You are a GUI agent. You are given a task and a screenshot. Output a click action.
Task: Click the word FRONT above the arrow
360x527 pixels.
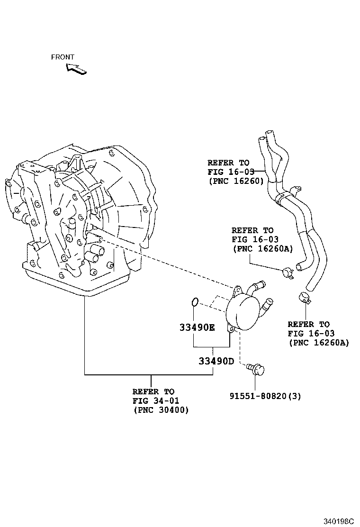(x=63, y=57)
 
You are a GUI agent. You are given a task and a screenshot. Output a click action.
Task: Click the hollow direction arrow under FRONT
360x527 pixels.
(x=77, y=68)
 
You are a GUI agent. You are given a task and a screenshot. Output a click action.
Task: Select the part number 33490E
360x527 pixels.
(x=197, y=327)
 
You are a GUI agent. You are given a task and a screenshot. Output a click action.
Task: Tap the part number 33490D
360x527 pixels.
(x=216, y=361)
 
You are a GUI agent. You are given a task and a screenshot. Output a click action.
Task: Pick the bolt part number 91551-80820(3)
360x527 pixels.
(x=265, y=396)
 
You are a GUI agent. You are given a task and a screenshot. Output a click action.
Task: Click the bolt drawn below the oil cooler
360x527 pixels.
(x=257, y=369)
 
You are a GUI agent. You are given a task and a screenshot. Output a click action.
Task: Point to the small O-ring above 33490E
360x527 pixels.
(x=195, y=301)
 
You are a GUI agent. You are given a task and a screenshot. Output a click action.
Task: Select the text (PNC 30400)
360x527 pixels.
(x=161, y=410)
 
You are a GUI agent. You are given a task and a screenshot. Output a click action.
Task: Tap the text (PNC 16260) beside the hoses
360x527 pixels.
(x=235, y=181)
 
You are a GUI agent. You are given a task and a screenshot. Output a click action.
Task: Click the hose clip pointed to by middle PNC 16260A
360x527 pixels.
(x=288, y=273)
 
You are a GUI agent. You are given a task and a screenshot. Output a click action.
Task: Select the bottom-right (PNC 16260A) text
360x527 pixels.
(x=318, y=342)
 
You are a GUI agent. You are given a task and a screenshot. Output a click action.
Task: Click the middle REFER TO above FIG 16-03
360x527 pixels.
(x=252, y=230)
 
